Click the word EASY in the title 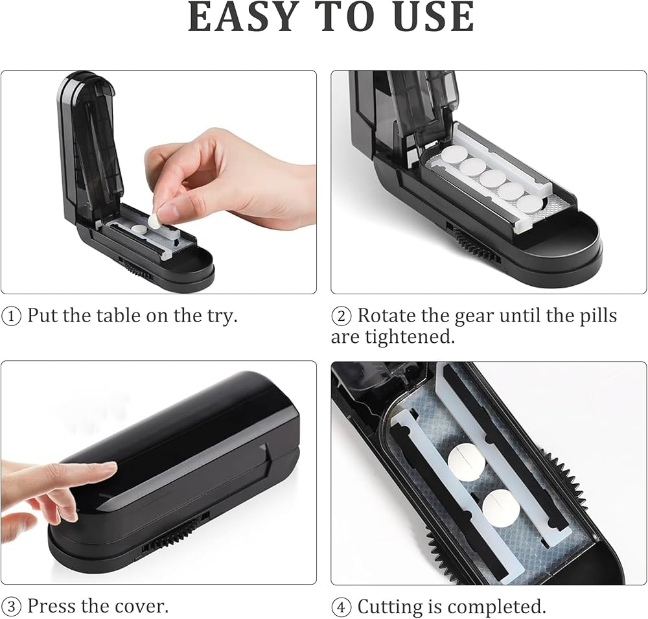point(244,17)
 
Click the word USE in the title point(434,17)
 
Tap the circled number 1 point(11,317)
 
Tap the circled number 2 point(341,317)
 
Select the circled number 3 point(11,607)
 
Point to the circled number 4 point(341,607)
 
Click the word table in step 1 point(119,316)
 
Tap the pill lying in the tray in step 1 point(137,228)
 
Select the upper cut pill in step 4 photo point(465,462)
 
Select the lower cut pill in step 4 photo point(500,508)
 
